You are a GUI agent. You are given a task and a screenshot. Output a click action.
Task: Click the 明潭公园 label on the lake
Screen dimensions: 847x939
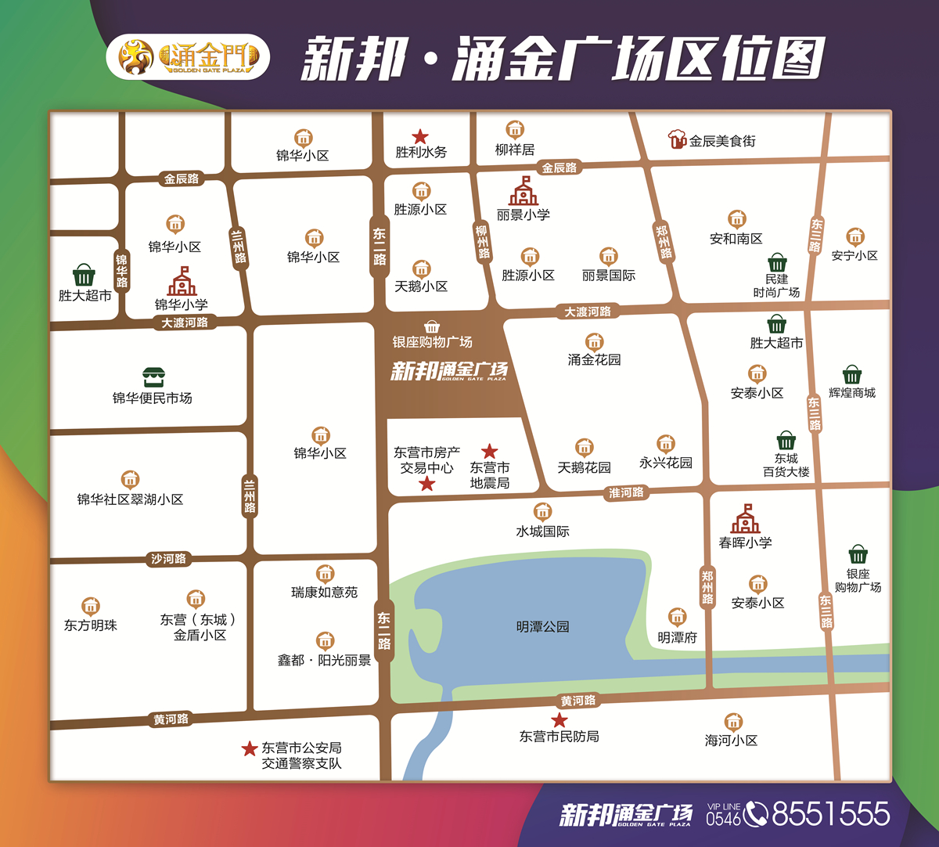(x=542, y=627)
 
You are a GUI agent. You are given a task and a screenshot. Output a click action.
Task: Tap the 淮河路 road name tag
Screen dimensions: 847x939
(x=626, y=492)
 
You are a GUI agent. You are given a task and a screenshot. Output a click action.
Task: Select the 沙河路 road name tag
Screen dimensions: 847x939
(x=168, y=559)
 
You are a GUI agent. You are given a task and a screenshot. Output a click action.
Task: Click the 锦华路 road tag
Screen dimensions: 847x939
(x=121, y=270)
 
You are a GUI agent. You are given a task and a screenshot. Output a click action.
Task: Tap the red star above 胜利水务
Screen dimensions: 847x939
(x=420, y=137)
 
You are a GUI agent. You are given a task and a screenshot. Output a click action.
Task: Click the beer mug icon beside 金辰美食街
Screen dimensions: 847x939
(x=677, y=139)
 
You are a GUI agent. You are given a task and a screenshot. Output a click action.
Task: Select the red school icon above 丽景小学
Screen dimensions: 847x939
(x=523, y=191)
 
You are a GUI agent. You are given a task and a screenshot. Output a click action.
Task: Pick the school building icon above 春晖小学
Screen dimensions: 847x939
(x=745, y=519)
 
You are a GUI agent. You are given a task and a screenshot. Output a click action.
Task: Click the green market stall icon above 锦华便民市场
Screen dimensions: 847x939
(x=152, y=377)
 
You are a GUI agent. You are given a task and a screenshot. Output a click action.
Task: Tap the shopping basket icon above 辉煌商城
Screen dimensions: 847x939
(x=851, y=374)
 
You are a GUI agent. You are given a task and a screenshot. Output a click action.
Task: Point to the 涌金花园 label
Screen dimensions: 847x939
(x=594, y=360)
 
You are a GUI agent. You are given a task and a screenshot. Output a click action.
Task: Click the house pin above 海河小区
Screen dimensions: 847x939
(x=732, y=721)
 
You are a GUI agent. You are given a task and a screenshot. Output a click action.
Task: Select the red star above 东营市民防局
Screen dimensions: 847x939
(x=559, y=720)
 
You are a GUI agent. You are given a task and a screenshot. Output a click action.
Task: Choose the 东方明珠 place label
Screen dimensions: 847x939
(x=91, y=625)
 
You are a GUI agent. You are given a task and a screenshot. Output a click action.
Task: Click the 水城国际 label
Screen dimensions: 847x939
(x=542, y=532)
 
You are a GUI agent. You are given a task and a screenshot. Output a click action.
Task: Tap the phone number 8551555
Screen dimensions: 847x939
(x=830, y=814)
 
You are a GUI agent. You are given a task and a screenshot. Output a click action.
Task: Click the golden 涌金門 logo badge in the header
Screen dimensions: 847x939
(x=188, y=56)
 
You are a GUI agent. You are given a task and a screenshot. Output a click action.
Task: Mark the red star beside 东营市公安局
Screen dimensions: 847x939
(x=250, y=749)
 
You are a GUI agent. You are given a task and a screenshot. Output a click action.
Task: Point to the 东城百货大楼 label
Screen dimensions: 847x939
(x=786, y=465)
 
